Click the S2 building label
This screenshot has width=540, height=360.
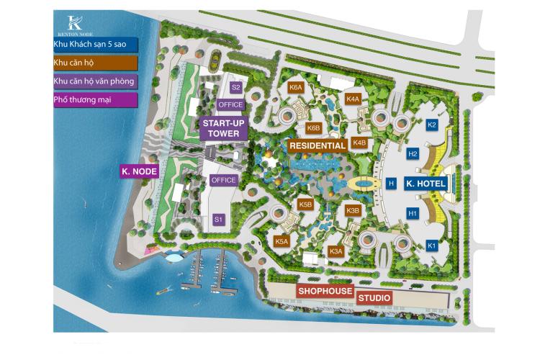tap(235, 87)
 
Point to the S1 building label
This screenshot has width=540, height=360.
tap(218, 219)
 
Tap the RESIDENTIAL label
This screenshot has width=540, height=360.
tap(318, 145)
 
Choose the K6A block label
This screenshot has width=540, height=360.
tap(295, 87)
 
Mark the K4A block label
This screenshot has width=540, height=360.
tap(352, 99)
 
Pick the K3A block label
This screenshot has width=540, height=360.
tap(336, 251)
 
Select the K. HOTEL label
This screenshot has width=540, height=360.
tap(426, 184)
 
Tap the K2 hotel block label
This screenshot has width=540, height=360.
tap(432, 125)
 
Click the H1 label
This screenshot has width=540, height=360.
tap(413, 214)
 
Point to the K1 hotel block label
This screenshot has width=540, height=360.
tap(432, 246)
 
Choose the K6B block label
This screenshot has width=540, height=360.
tap(312, 128)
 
